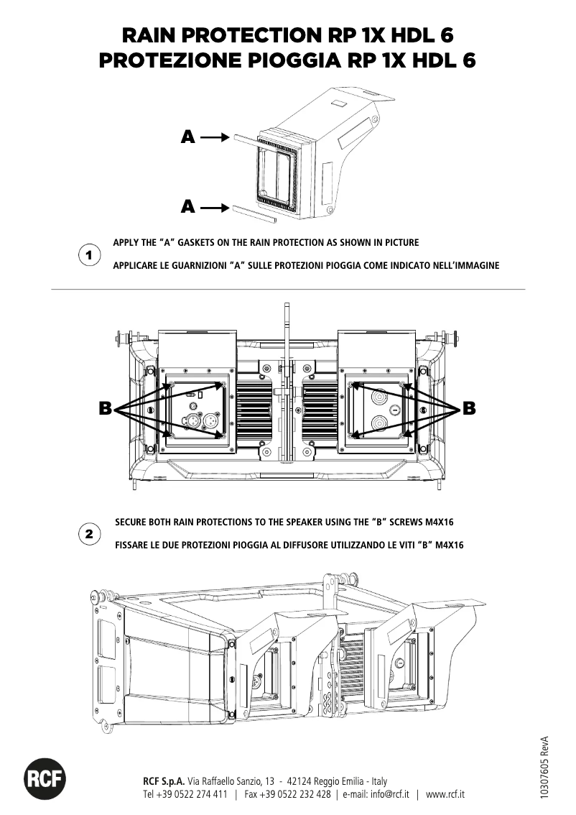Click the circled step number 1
tap(88, 255)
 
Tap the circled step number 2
tap(88, 535)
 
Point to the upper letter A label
tap(188, 137)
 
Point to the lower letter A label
tap(188, 208)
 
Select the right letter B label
tap(469, 409)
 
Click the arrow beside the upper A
tap(214, 136)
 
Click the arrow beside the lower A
tap(214, 208)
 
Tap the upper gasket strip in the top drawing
tap(242, 139)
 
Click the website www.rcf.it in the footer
tap(445, 794)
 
